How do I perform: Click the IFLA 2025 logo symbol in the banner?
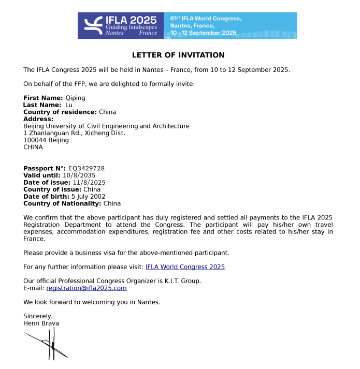(x=93, y=25)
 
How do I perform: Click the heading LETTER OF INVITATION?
(x=178, y=55)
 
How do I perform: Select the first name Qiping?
(x=75, y=98)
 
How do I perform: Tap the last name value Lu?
(x=69, y=105)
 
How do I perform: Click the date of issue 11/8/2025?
(x=89, y=183)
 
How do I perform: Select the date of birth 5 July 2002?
(x=88, y=197)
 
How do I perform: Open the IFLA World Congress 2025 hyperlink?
(x=185, y=267)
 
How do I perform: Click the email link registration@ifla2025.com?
(x=87, y=288)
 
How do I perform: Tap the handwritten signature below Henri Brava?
(x=48, y=344)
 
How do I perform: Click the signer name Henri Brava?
(x=41, y=323)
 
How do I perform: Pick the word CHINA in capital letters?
(x=33, y=147)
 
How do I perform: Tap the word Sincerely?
(x=38, y=316)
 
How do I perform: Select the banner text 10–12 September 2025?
(x=203, y=33)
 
